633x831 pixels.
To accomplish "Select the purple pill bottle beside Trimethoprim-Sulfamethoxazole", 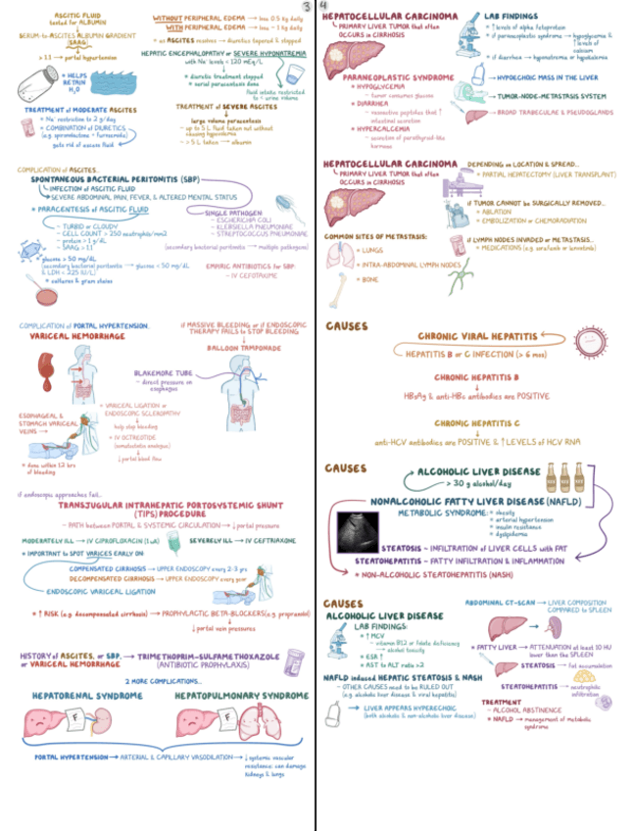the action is [x=292, y=660].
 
